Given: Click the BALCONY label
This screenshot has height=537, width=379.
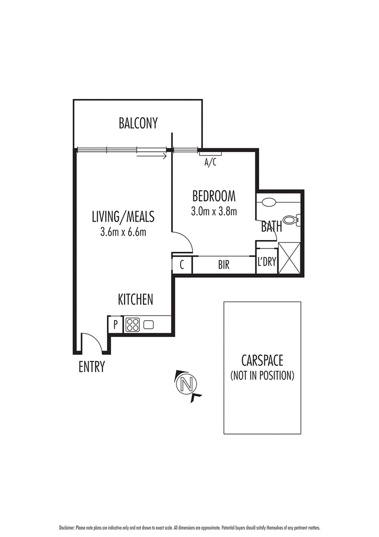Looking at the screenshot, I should tap(138, 123).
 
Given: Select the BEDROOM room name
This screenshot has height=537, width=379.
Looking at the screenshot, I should tap(214, 195).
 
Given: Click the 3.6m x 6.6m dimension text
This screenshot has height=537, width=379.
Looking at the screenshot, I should tap(123, 232).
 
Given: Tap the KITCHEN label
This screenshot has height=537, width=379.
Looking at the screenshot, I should tap(135, 299).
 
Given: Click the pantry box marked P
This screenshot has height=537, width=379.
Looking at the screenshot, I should tap(115, 325).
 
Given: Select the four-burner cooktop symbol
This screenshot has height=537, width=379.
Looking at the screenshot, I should tap(132, 325).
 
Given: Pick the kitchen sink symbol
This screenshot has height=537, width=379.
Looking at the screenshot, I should tap(148, 325).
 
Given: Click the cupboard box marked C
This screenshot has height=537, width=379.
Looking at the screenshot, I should tap(181, 265).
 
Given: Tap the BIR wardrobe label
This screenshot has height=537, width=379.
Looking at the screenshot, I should tap(224, 265).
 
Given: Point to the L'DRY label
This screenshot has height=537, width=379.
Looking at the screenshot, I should tap(266, 262).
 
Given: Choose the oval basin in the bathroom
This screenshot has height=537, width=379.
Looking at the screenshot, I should tap(269, 202).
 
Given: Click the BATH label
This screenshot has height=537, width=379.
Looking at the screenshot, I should tap(272, 227).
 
